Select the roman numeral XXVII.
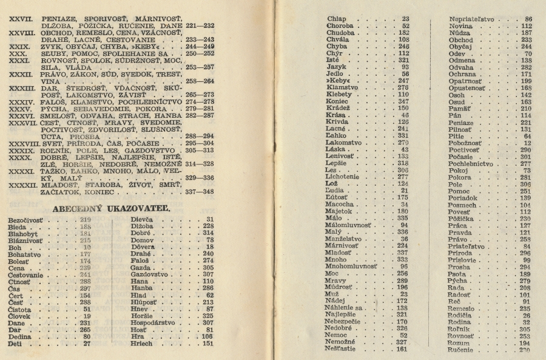coord(21,19)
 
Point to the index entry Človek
coord(22,316)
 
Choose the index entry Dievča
coord(144,219)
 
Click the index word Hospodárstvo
coord(157,323)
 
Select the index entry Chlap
coord(336,19)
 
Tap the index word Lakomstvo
coord(346,143)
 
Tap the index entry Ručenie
coord(462,350)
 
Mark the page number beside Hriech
coord(207,343)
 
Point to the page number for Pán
coord(525,115)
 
